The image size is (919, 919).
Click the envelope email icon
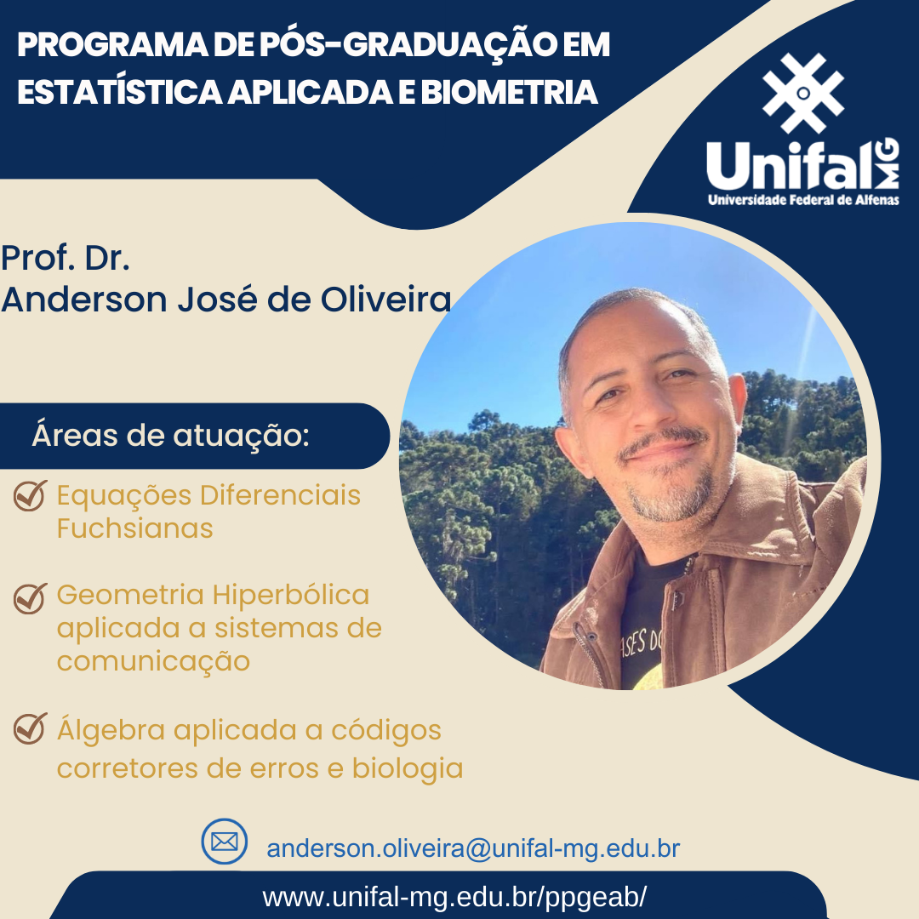point(224,841)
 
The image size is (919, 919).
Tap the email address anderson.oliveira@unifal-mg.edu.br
point(473,848)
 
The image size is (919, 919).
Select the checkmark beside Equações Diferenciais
point(30,495)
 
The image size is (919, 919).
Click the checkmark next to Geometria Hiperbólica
point(30,598)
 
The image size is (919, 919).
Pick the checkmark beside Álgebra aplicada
point(30,728)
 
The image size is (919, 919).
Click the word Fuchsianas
point(134,528)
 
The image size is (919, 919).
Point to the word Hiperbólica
point(291,594)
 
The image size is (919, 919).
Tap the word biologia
point(408,768)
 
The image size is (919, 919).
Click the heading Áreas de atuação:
point(170,435)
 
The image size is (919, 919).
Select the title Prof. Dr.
point(65,258)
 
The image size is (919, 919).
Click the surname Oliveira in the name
point(385,299)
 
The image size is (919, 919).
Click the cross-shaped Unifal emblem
point(803,93)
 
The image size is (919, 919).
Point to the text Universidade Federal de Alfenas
point(803,200)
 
